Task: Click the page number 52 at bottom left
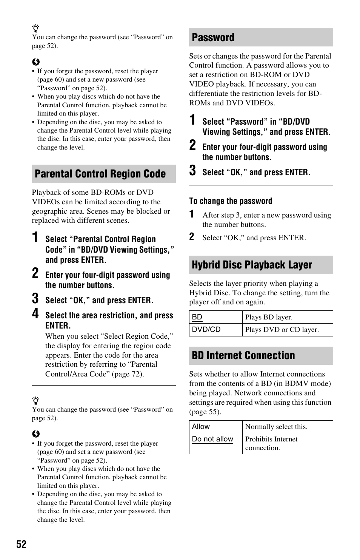click(x=22, y=544)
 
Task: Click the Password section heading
click(x=213, y=37)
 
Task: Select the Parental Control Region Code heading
click(x=100, y=174)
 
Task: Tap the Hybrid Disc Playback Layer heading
click(x=252, y=265)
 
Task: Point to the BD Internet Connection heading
click(x=243, y=355)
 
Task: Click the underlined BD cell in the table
click(x=197, y=317)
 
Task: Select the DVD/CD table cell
click(x=206, y=329)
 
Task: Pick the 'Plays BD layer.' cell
click(x=269, y=317)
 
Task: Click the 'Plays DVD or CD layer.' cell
click(x=282, y=330)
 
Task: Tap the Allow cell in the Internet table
click(x=201, y=427)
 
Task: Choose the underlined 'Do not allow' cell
click(x=212, y=439)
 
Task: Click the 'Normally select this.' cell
click(x=276, y=427)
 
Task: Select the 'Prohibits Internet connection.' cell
click(x=271, y=443)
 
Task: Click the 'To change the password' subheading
click(x=231, y=201)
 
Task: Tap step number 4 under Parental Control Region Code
click(x=35, y=313)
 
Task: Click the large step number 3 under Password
click(x=192, y=170)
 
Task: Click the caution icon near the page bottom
click(x=36, y=434)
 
